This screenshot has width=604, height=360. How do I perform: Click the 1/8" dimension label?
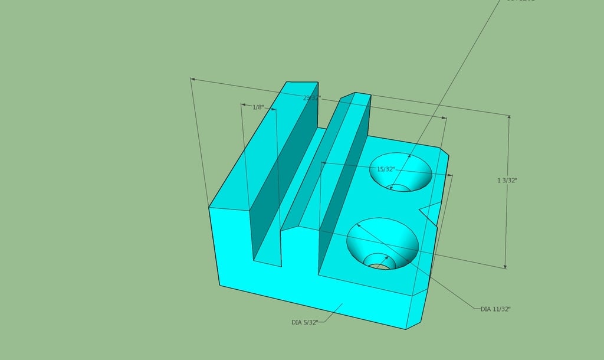tap(258, 107)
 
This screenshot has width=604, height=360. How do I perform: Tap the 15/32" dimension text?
tap(386, 169)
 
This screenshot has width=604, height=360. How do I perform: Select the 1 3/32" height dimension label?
tap(507, 181)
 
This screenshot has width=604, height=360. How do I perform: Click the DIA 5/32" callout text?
tap(305, 322)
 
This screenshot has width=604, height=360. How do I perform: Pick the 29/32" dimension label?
tap(311, 98)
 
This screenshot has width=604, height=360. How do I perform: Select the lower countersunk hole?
tap(382, 242)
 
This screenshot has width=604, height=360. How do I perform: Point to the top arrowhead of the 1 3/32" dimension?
tap(509, 117)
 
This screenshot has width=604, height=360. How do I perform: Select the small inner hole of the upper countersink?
tap(399, 188)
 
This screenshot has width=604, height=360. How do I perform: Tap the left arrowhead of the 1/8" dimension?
tap(243, 105)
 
